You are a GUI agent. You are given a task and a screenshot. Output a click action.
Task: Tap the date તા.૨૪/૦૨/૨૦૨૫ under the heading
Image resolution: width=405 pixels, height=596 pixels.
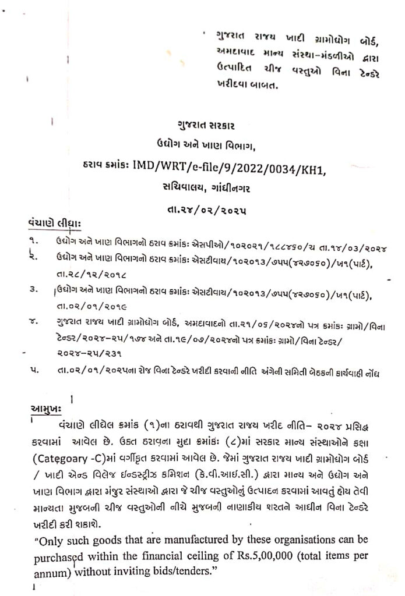click(202, 212)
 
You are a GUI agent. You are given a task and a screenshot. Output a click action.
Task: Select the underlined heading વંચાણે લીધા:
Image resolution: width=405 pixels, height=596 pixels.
click(54, 223)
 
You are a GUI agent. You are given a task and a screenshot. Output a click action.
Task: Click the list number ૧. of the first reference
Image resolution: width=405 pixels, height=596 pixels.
click(36, 240)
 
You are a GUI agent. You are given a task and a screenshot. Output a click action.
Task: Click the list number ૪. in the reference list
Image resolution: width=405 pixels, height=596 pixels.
click(36, 320)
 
